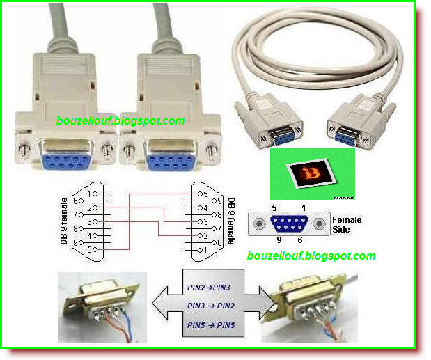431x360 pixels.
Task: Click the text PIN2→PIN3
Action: tap(206, 285)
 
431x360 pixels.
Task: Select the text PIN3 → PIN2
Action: tap(206, 304)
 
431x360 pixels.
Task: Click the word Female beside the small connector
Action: tap(347, 219)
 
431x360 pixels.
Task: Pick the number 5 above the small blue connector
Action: tap(274, 208)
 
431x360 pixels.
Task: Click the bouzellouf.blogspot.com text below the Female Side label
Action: tap(311, 256)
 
